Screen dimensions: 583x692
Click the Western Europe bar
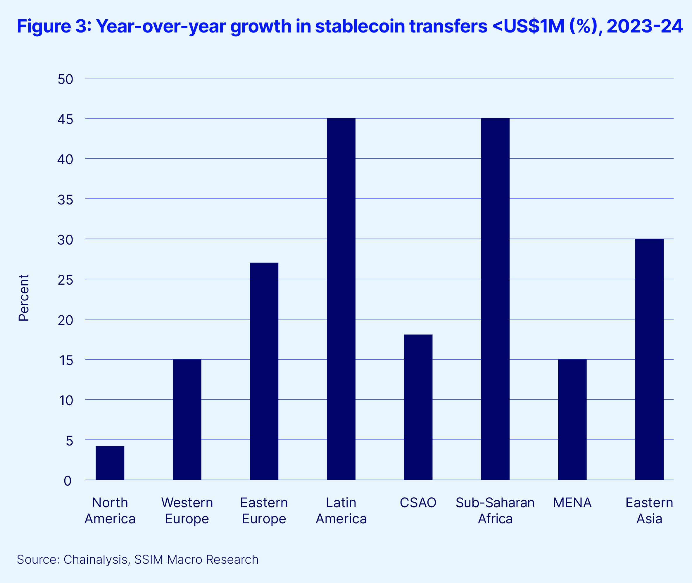(x=187, y=419)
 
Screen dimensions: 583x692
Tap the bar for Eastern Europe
(x=264, y=371)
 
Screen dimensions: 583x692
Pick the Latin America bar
(x=341, y=299)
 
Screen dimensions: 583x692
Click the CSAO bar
(x=418, y=407)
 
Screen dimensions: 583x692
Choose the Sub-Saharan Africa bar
(x=495, y=299)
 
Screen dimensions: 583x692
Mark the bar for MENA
(x=572, y=419)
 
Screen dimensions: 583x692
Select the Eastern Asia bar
(x=649, y=359)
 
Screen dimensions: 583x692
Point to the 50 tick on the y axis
(x=65, y=79)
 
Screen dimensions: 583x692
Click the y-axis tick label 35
(x=65, y=200)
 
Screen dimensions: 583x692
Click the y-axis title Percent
(x=24, y=298)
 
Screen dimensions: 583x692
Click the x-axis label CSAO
(x=418, y=503)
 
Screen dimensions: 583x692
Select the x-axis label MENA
(x=572, y=503)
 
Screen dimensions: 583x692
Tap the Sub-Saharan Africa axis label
(x=495, y=511)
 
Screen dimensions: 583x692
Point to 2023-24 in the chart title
(x=644, y=26)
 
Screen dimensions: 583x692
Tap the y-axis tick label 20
(x=65, y=320)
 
